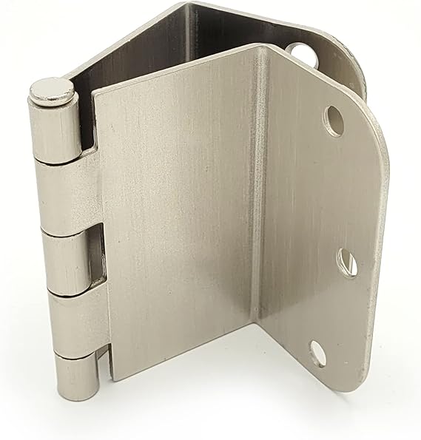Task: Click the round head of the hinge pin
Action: point(52,90)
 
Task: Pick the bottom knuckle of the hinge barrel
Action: point(77,373)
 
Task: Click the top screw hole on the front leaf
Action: point(334,120)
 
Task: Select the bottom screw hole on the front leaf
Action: point(317,353)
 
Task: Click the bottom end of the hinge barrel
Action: point(78,396)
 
